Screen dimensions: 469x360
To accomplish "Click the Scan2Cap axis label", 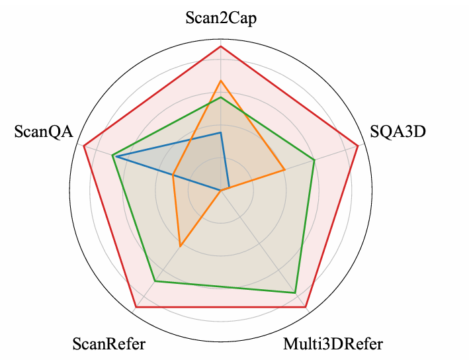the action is coord(221,18).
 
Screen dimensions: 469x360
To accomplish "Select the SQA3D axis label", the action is coord(398,132).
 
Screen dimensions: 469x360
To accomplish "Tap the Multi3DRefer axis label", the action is coord(333,344).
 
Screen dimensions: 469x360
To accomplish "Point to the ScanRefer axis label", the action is coord(109,344).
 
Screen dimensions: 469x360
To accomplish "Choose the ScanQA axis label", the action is coord(44,132).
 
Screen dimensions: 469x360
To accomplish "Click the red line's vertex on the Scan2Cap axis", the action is coord(221,46).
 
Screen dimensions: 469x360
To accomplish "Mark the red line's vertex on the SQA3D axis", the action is coord(358,146).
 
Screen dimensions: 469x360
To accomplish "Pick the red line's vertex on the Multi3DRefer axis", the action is coord(306,307).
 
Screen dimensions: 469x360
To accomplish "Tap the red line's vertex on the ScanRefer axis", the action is coord(136,307).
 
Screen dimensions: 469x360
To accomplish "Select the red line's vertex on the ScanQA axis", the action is coord(84,146).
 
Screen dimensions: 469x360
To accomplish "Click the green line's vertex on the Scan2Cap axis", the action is coord(221,97).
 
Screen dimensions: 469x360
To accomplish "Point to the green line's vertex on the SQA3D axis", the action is coord(314,160).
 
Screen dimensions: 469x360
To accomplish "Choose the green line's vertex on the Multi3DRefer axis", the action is coord(295,292).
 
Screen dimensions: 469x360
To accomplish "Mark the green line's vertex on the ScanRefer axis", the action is coord(155,281).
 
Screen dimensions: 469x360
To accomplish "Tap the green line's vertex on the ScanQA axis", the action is coord(112,155).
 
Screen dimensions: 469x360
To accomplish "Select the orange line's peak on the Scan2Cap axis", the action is coord(221,81).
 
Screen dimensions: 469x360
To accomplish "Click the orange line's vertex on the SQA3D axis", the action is coord(284,169).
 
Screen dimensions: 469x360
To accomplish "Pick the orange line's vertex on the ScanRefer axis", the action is coord(180,246).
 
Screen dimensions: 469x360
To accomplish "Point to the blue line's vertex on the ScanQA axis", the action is coord(116,157).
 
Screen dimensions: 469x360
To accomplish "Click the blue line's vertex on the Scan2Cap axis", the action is coord(221,132).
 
